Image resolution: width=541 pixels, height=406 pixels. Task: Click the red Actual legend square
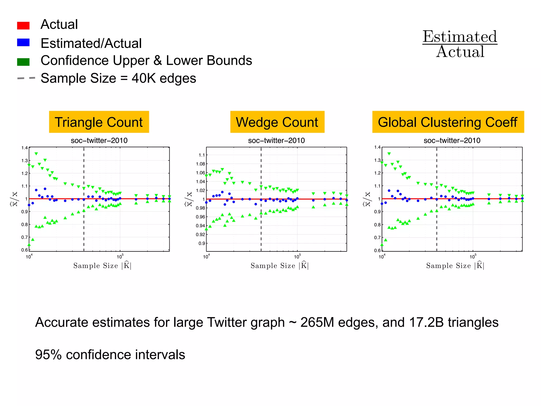[x=23, y=25]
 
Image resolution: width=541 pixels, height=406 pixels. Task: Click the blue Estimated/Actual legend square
[x=23, y=43]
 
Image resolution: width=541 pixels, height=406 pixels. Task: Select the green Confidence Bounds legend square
[x=23, y=62]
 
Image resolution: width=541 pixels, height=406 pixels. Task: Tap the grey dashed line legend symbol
[x=26, y=78]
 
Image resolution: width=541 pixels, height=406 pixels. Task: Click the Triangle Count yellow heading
[x=99, y=122]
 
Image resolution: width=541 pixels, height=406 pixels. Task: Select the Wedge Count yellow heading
[x=277, y=122]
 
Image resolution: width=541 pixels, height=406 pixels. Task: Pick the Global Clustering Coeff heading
[x=448, y=122]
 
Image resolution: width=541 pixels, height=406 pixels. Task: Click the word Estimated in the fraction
[x=460, y=36]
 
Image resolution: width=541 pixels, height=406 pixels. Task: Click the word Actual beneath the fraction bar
[x=460, y=52]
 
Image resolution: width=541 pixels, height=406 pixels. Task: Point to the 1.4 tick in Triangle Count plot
[x=24, y=148]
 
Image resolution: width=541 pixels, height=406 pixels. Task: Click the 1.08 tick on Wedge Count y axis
[x=200, y=164]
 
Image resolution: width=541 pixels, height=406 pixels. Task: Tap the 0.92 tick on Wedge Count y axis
[x=200, y=234]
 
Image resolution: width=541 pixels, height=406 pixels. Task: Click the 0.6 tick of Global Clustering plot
[x=377, y=250]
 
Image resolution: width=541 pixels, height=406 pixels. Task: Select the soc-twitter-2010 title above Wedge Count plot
[x=276, y=140]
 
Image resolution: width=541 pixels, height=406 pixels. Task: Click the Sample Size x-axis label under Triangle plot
[x=102, y=266]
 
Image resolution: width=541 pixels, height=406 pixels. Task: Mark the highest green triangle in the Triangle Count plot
[x=36, y=154]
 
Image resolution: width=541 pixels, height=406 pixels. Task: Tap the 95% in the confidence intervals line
[x=48, y=355]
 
